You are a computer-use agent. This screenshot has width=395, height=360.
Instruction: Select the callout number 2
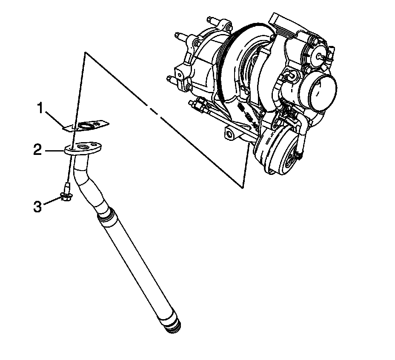tap(39, 150)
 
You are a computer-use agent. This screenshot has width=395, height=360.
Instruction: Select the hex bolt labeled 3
tap(66, 197)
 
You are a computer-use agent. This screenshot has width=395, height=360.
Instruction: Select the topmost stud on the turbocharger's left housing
tap(212, 21)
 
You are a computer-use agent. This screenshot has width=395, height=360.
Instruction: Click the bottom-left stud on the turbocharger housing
tap(173, 79)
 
